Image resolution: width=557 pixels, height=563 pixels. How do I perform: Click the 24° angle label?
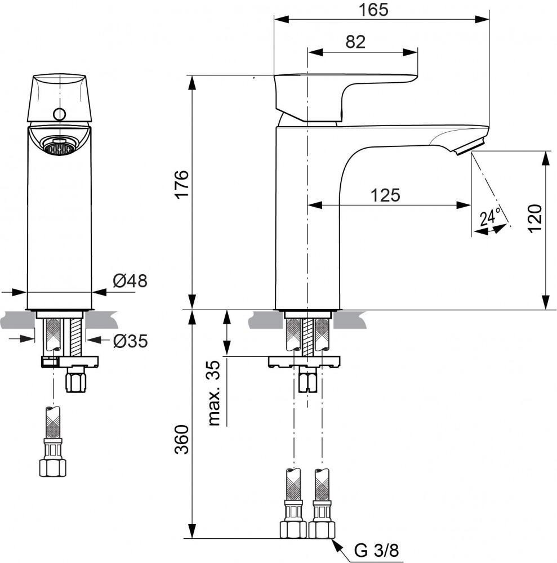click(x=490, y=217)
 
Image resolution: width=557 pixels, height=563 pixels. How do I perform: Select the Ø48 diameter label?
click(x=130, y=281)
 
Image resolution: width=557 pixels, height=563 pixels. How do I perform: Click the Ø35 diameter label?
click(x=130, y=341)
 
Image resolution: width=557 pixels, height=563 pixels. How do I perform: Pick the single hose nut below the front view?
click(x=52, y=465)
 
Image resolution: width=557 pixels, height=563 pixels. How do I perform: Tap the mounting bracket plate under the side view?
click(x=304, y=362)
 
